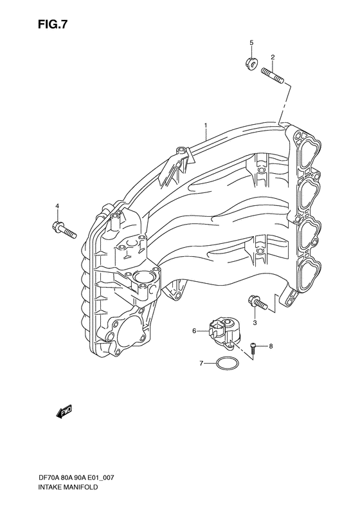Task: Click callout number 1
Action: (206, 125)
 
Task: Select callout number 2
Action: (273, 57)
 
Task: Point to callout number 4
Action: (57, 206)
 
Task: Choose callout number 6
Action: (194, 331)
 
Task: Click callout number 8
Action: (271, 346)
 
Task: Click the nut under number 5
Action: (251, 62)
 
